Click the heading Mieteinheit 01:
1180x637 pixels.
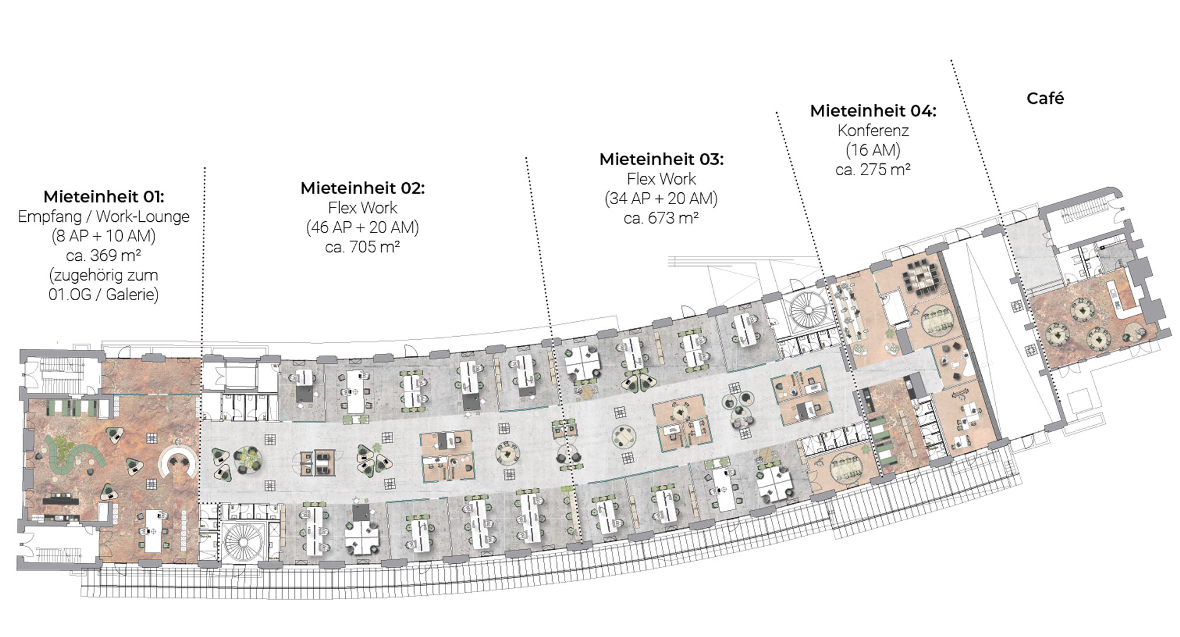point(104,196)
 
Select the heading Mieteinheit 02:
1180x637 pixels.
point(362,188)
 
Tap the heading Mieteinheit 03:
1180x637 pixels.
point(661,159)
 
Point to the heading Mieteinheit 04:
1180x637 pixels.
point(873,111)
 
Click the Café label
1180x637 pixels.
point(1045,98)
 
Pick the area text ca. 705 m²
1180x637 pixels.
point(362,247)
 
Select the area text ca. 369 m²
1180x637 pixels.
point(104,255)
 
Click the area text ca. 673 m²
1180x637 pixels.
point(661,218)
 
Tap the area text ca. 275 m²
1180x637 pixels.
point(873,169)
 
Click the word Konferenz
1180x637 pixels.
point(873,130)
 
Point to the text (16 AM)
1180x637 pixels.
point(873,150)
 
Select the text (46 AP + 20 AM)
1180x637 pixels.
point(362,227)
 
